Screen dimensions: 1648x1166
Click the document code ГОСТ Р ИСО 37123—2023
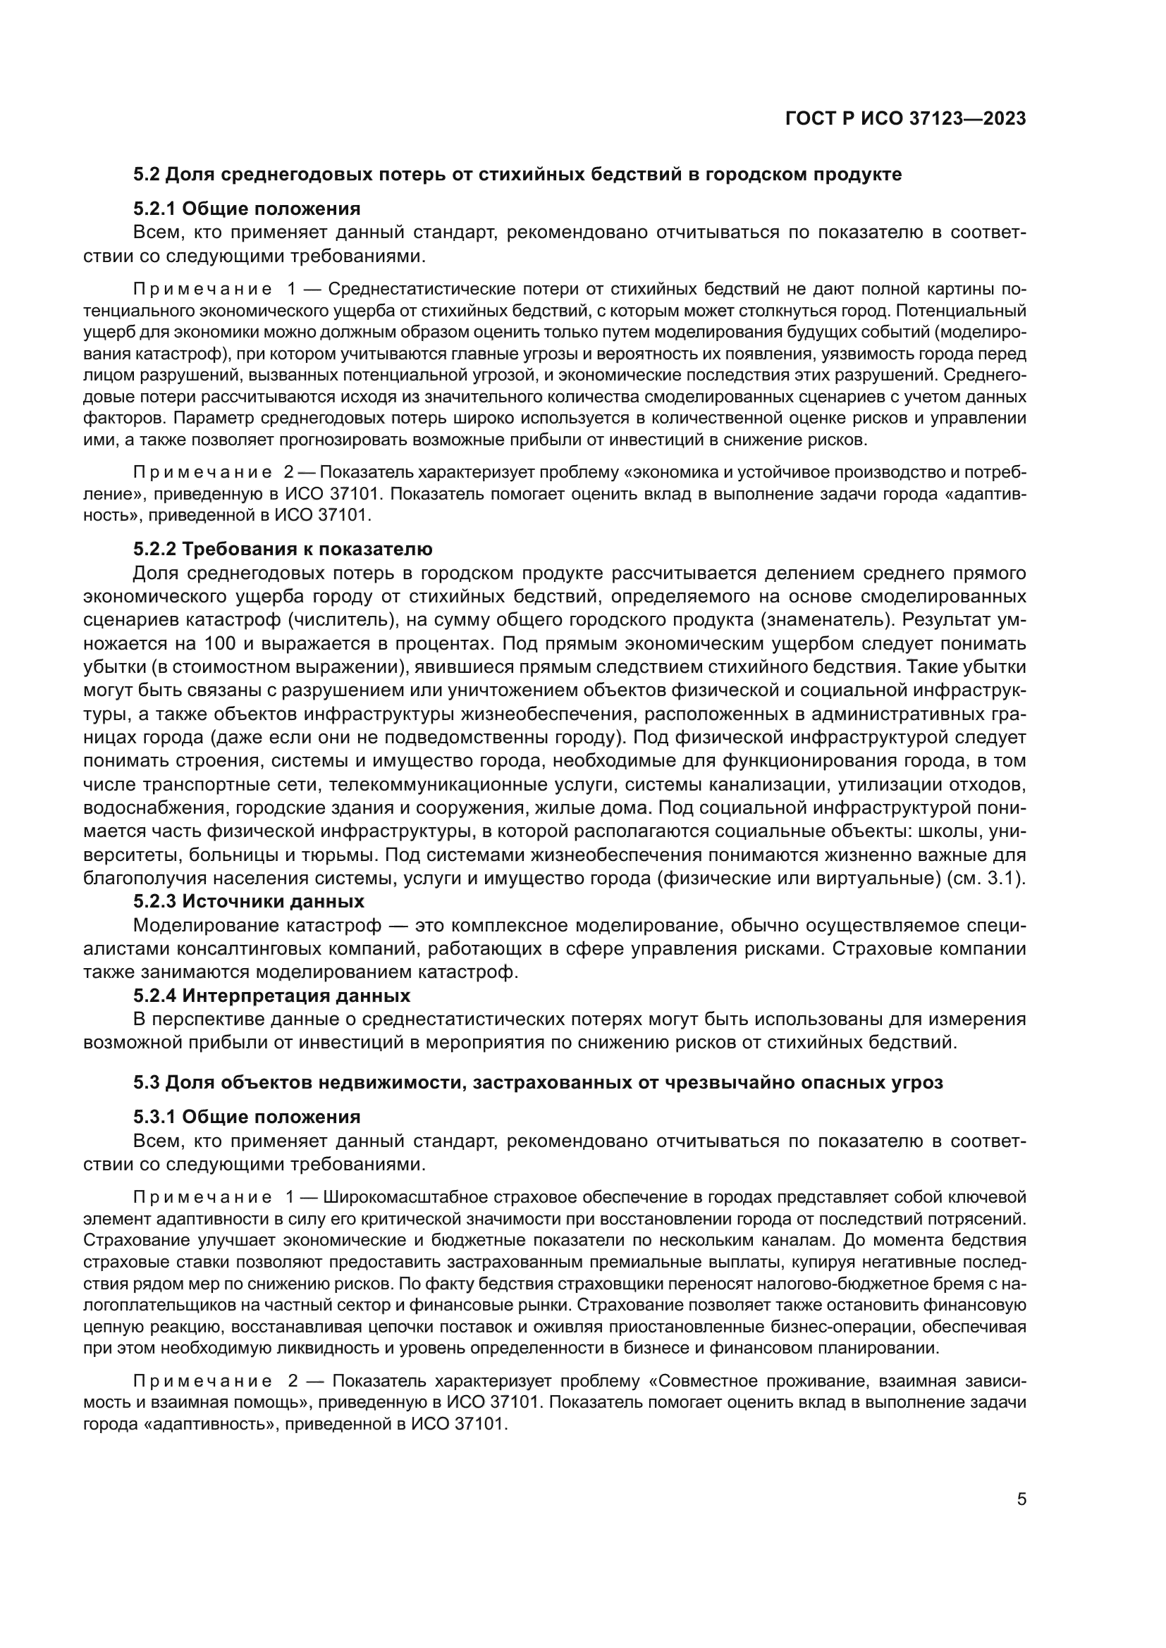(905, 119)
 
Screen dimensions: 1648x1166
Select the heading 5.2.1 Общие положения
(246, 209)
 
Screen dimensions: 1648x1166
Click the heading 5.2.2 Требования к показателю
(283, 549)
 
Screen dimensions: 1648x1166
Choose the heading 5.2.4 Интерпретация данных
(271, 996)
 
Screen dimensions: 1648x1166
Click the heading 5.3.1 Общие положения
(246, 1117)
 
